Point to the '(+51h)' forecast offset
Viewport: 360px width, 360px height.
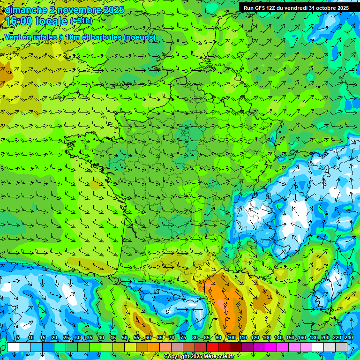tap(81, 21)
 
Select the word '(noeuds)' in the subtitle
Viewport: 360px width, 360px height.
tap(140, 37)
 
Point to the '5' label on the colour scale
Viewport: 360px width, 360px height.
tap(18, 337)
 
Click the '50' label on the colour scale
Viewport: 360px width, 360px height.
tap(124, 337)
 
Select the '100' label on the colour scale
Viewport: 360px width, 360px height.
tap(231, 337)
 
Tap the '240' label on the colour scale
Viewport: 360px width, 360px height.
tap(349, 337)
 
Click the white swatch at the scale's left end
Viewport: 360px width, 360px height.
tap(13, 347)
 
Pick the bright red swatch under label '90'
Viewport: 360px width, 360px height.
tap(212, 347)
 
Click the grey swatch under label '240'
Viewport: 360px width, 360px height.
tap(341, 347)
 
